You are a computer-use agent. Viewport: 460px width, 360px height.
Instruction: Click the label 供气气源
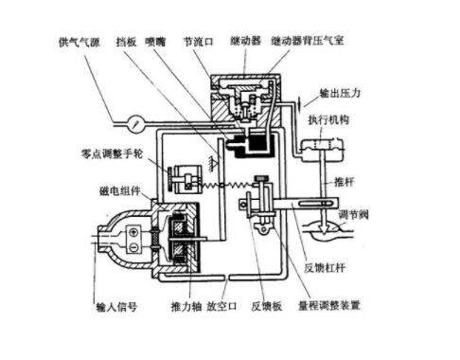coord(85,44)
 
